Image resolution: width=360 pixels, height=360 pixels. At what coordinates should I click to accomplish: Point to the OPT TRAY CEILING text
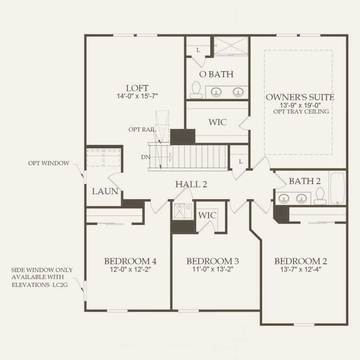point(300,111)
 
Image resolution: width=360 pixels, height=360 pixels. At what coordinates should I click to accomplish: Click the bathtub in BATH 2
point(338,188)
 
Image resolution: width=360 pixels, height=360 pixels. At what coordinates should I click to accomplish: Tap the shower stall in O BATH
point(231,46)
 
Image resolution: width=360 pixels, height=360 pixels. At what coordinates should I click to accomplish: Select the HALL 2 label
point(191,185)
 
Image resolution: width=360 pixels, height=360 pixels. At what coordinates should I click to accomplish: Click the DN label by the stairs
point(145,157)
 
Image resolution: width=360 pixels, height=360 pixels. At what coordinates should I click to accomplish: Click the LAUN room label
point(105,191)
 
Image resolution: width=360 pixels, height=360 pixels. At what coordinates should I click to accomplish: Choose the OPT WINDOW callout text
point(49,163)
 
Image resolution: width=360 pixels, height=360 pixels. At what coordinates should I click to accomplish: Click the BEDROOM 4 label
point(130,261)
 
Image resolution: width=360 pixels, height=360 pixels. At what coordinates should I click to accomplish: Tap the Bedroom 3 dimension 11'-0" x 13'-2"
point(213,270)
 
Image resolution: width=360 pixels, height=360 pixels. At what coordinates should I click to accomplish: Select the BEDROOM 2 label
point(301,261)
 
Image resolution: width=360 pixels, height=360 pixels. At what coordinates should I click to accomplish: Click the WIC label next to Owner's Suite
point(217,122)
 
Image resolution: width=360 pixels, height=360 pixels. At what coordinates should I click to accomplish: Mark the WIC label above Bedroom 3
point(207,215)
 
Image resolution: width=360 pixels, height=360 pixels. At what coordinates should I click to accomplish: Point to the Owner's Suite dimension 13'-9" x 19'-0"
point(300,105)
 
